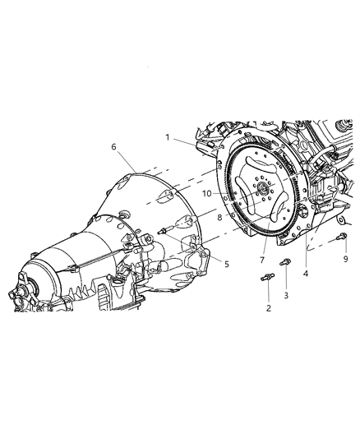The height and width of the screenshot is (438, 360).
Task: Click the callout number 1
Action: click(x=167, y=137)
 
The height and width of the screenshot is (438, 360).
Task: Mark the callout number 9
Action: click(x=345, y=258)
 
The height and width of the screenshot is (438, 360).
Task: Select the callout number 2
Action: click(x=266, y=309)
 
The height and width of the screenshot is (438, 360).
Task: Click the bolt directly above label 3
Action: click(x=285, y=262)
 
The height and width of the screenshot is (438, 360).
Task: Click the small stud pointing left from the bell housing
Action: click(x=167, y=230)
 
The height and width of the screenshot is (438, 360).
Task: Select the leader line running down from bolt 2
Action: click(x=266, y=293)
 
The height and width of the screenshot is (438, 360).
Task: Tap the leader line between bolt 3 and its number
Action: click(x=286, y=277)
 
